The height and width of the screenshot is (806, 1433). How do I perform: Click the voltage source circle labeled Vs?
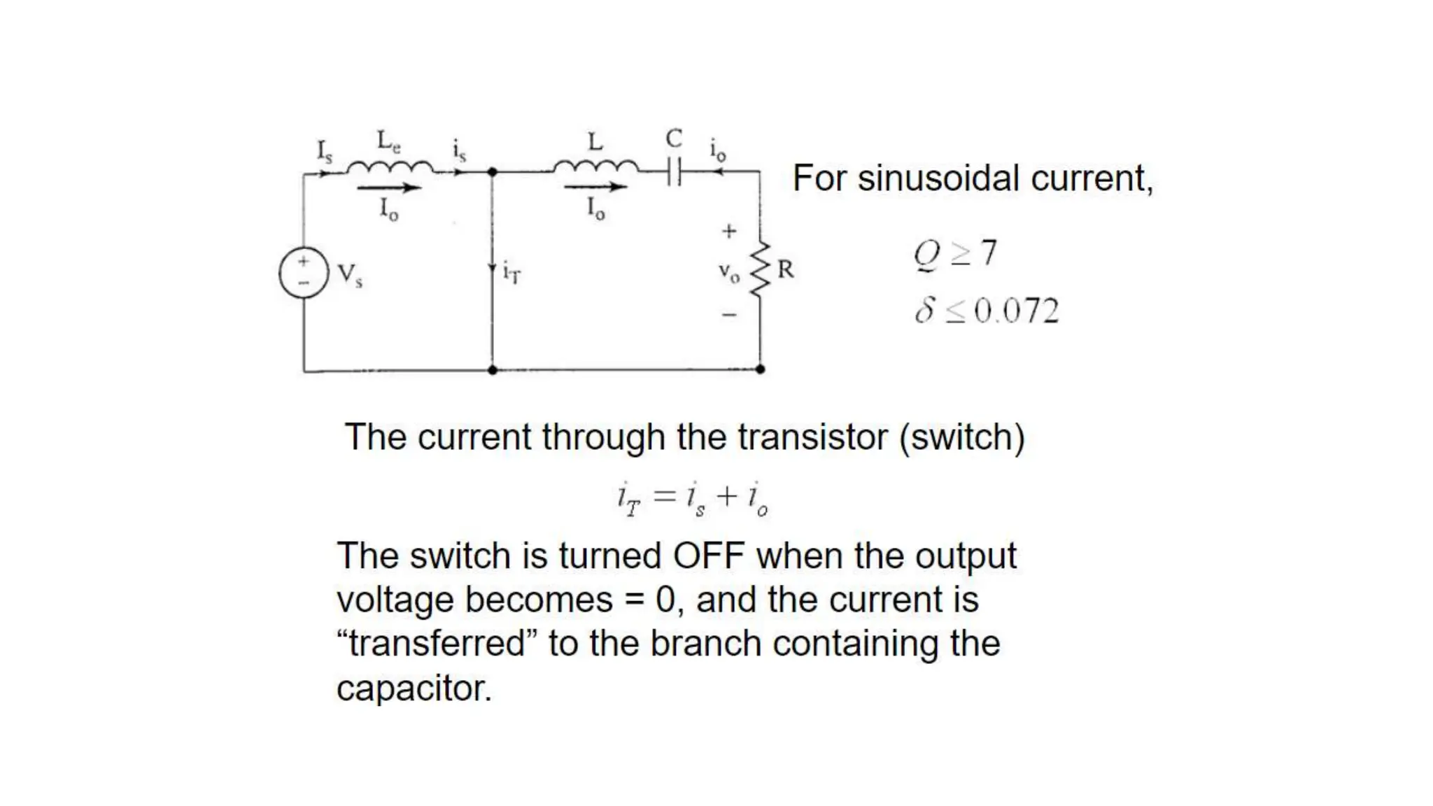tap(303, 272)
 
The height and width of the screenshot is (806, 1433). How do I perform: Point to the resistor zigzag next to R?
tap(761, 270)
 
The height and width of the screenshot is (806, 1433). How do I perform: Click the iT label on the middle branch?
tap(511, 271)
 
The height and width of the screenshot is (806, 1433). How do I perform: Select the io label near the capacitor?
tap(717, 150)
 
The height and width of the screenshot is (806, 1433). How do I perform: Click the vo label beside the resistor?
tap(728, 273)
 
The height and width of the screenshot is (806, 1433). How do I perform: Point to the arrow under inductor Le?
tap(388, 188)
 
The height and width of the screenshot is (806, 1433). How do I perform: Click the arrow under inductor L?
tap(595, 187)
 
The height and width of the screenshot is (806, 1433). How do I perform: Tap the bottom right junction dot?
tap(761, 369)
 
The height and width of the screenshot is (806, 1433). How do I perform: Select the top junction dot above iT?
tap(492, 171)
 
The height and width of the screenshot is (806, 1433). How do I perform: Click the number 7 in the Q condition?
tap(988, 253)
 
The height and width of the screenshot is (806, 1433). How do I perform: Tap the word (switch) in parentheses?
tap(962, 437)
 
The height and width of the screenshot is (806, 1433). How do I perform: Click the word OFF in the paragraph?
tap(708, 556)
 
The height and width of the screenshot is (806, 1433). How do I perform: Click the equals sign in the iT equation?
tap(664, 497)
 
